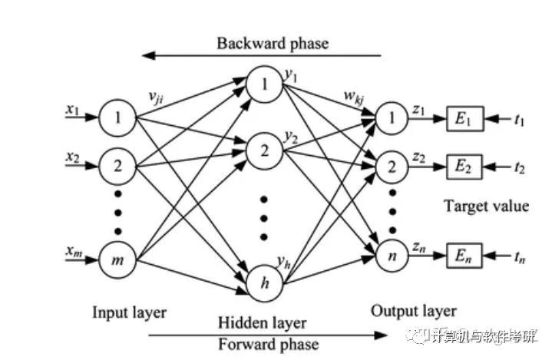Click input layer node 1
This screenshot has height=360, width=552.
click(117, 118)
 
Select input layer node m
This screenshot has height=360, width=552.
click(117, 260)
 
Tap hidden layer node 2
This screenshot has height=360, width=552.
click(264, 151)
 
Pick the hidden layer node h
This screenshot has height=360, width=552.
click(264, 283)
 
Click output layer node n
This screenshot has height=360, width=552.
click(392, 256)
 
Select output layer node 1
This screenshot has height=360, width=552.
click(392, 118)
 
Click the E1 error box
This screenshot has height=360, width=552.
click(465, 119)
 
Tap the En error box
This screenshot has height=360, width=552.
click(464, 256)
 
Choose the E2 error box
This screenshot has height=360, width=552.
click(464, 167)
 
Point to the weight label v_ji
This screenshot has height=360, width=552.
click(156, 97)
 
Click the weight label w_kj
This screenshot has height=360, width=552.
click(354, 97)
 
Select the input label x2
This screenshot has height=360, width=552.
click(72, 157)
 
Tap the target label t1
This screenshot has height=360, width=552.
click(519, 120)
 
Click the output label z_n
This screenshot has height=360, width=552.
click(419, 248)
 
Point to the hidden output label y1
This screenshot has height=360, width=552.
click(291, 76)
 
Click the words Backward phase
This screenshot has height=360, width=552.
click(273, 44)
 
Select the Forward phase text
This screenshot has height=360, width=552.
click(268, 344)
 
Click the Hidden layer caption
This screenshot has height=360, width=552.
click(263, 322)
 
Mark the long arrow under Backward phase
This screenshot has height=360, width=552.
click(262, 55)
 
